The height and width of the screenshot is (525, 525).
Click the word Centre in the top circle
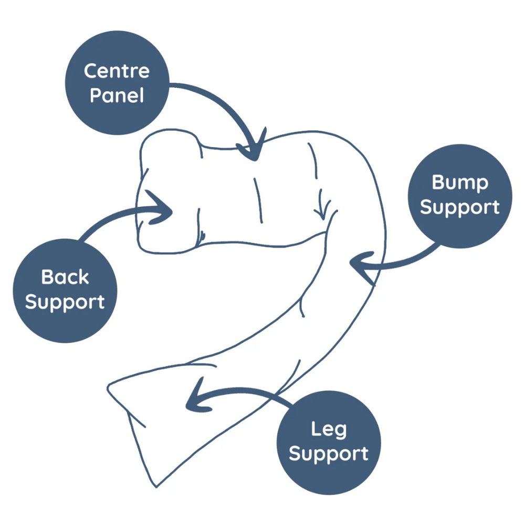(117, 71)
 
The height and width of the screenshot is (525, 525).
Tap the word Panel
(117, 96)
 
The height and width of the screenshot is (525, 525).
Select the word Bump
(459, 183)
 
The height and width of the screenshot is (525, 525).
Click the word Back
(65, 277)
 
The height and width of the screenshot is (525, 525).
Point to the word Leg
(329, 429)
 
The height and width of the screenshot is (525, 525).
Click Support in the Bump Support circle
(459, 207)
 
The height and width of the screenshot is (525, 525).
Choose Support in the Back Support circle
(65, 302)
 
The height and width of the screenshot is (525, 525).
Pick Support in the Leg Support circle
(329, 454)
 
